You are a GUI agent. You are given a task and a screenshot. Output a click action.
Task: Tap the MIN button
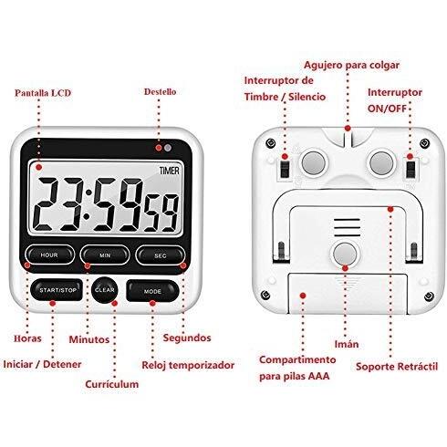[x=105, y=255]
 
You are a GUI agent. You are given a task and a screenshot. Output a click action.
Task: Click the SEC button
[x=161, y=255]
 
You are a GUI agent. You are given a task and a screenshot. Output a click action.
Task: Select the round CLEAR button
[x=105, y=290]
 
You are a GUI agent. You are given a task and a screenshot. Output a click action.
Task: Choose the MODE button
[x=152, y=291]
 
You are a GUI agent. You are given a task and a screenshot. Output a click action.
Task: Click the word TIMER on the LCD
[x=170, y=171]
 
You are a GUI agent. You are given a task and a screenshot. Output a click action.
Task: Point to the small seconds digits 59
[x=161, y=213]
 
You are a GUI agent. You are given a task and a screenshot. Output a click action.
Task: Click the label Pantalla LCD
[x=43, y=93]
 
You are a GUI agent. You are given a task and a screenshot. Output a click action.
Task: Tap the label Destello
[x=160, y=91]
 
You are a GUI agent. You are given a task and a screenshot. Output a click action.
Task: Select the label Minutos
[x=89, y=339]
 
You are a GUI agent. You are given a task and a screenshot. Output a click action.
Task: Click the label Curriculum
[x=112, y=384]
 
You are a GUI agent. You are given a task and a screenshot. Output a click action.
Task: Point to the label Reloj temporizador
[x=188, y=365]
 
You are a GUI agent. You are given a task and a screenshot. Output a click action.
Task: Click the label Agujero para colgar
[x=352, y=66]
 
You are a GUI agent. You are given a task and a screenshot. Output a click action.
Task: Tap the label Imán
[x=347, y=344]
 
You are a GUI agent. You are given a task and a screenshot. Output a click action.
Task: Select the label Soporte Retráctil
[x=397, y=366]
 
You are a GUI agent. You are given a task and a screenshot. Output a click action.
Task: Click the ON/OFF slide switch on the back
[x=411, y=169]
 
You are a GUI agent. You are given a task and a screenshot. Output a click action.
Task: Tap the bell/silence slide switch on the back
[x=285, y=169]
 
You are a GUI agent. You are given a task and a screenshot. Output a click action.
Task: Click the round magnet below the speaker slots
[x=345, y=254]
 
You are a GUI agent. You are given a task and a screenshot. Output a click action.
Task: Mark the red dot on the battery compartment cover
[x=303, y=296]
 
